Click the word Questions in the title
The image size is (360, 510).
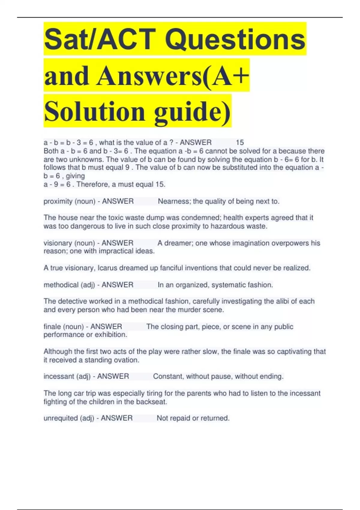(x=235, y=39)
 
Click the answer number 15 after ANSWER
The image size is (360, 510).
(x=240, y=142)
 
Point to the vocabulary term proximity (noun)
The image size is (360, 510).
(x=70, y=201)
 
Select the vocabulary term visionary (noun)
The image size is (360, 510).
(x=70, y=243)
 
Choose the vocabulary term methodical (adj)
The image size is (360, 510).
(x=69, y=285)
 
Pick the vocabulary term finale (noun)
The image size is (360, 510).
(x=64, y=326)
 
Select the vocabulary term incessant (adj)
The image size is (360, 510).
(x=67, y=376)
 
